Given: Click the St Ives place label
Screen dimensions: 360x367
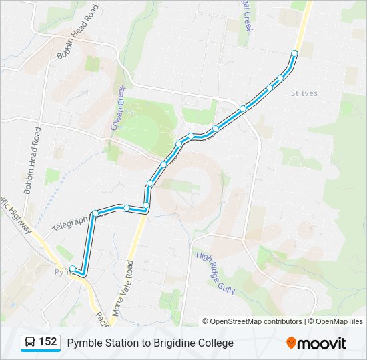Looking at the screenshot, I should coord(304,93).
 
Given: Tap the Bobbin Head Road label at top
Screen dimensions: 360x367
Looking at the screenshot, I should coord(77,32).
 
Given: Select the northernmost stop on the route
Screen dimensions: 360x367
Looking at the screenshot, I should coord(294,53).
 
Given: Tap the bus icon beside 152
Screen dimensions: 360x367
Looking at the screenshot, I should coord(30,343).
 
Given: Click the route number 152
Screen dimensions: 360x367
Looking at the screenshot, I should coord(47,342).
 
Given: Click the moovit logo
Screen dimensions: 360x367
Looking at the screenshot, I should coord(316,343).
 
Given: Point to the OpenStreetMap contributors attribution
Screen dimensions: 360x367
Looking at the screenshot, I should coord(252,321).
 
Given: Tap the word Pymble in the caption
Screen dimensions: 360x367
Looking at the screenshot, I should coord(83,343).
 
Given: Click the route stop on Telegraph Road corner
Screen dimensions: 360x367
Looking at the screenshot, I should coord(95,213).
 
